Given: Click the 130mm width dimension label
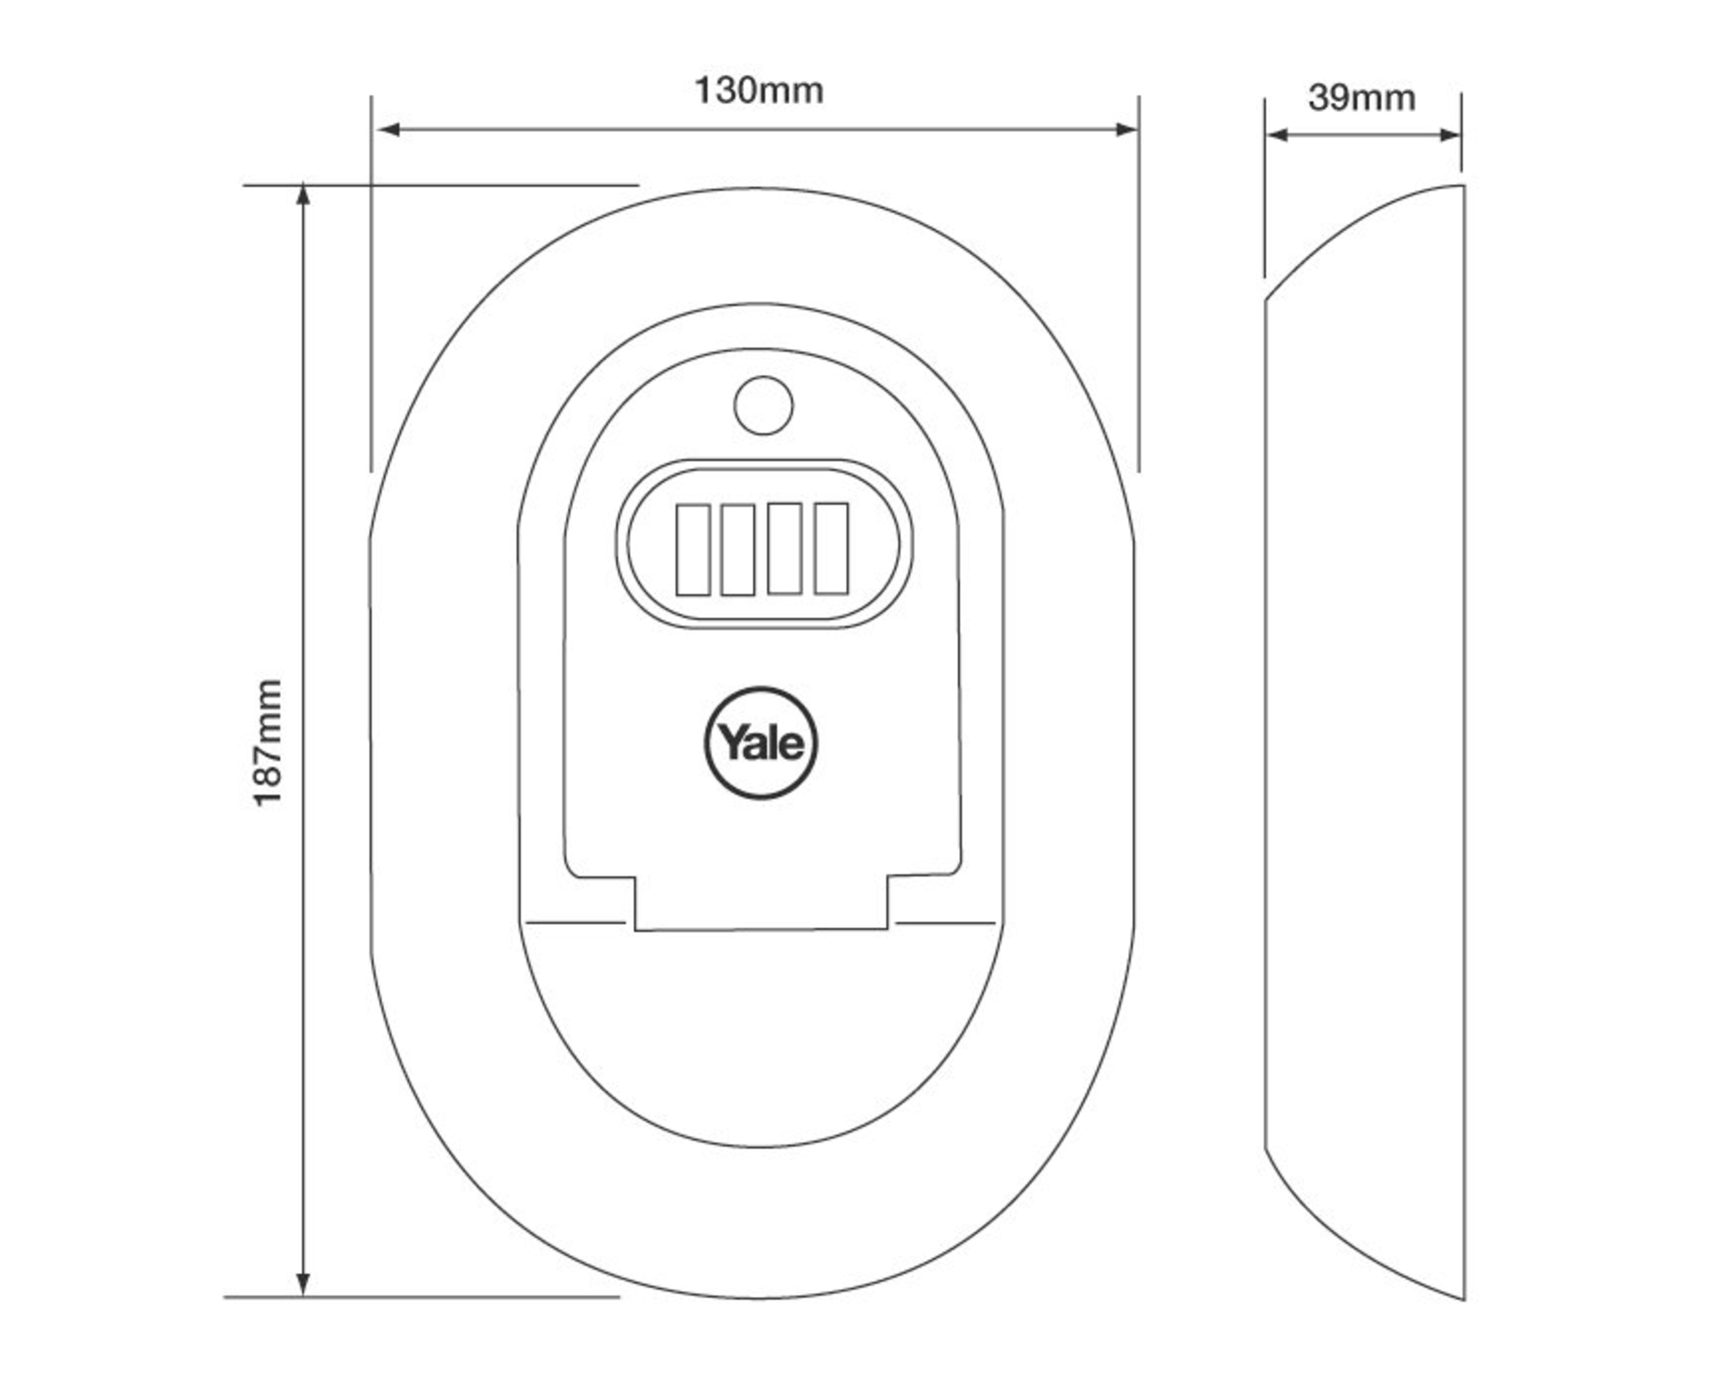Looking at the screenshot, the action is [759, 91].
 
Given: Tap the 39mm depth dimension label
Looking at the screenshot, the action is [1362, 98].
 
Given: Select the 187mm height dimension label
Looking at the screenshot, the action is [268, 743].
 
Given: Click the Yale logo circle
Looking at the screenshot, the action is [761, 743].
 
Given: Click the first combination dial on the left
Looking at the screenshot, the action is [693, 550].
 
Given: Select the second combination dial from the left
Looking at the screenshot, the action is [738, 550].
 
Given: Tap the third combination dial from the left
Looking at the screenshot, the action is [784, 549].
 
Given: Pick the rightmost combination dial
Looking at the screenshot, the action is [831, 549].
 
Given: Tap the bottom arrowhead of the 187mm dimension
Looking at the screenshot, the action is [303, 1284].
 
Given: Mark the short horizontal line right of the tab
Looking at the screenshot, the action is [945, 923].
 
